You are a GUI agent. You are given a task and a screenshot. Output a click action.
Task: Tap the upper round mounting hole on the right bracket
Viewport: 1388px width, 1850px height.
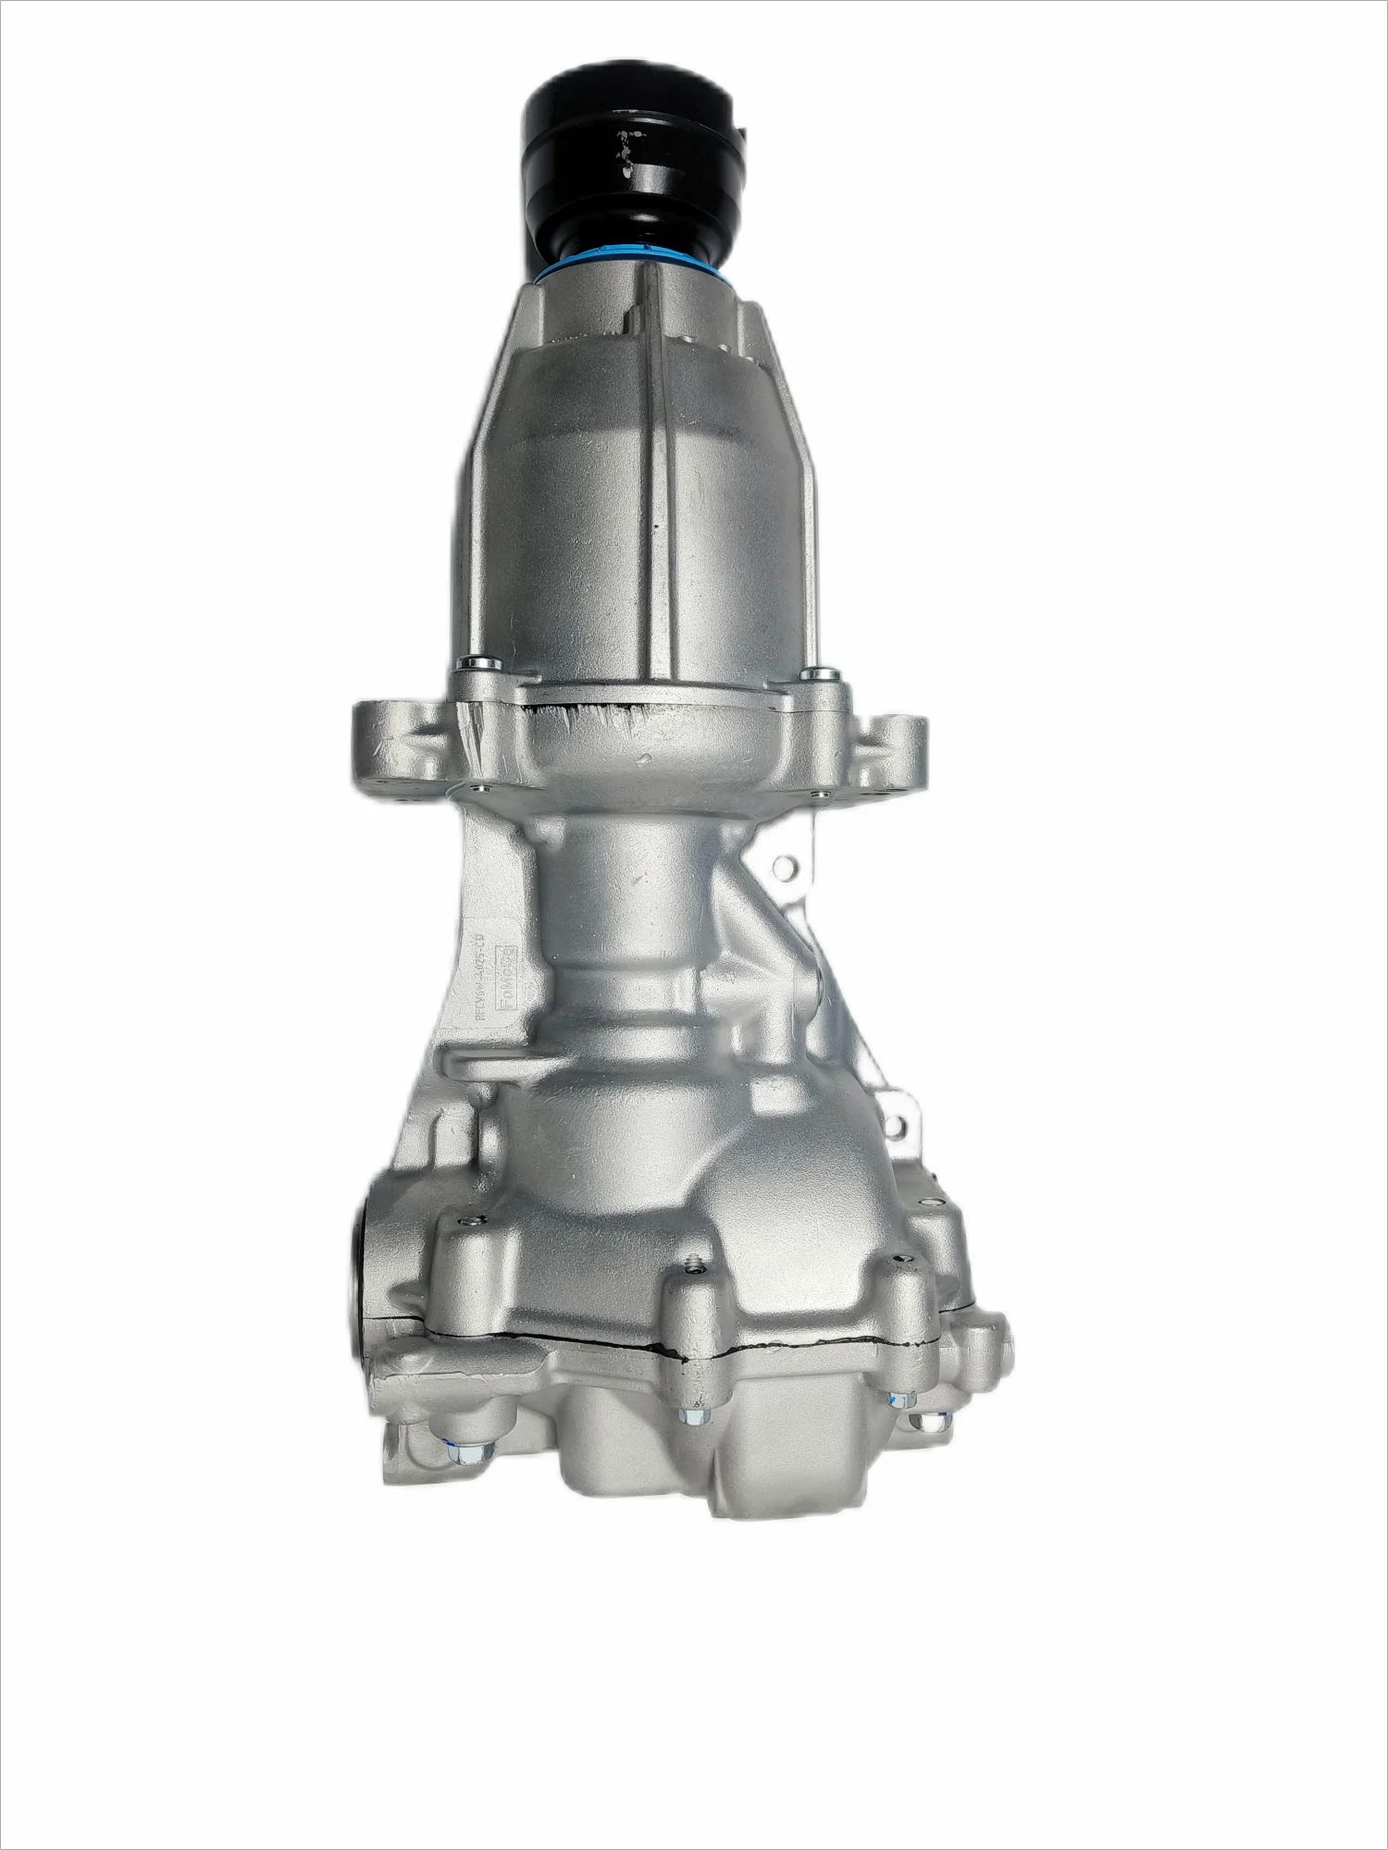(786, 867)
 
